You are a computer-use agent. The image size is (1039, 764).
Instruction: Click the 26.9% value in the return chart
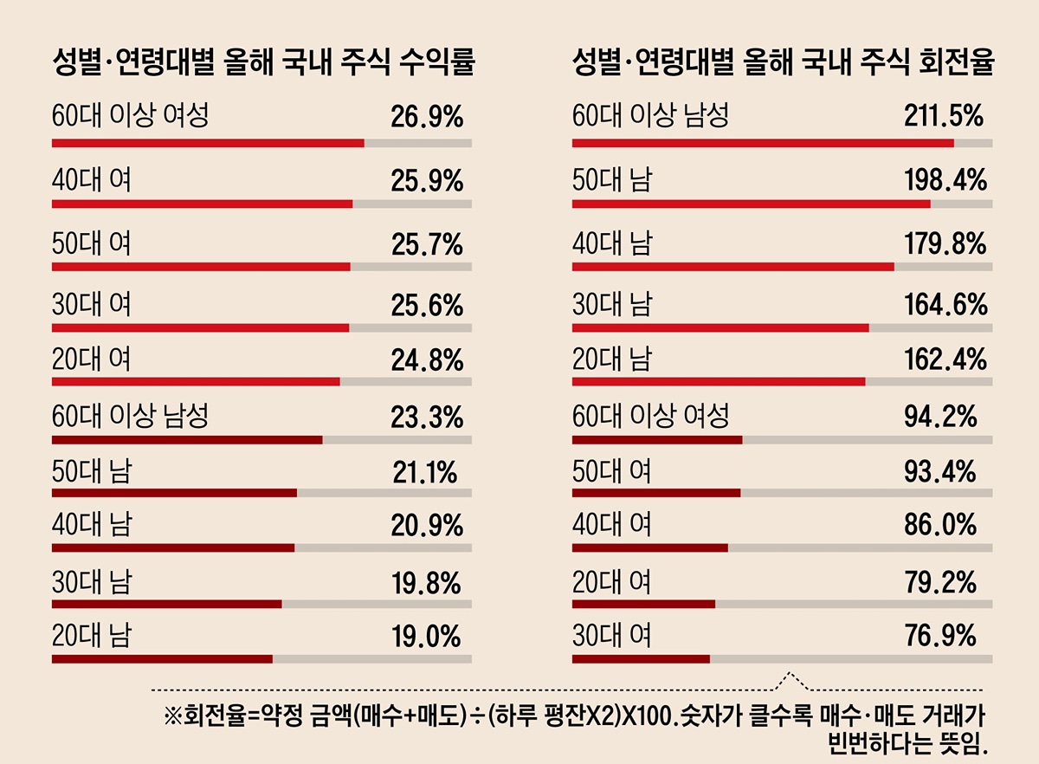[427, 117]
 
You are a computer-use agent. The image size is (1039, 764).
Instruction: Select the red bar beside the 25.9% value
[203, 204]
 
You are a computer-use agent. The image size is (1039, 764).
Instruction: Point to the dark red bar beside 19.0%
[162, 659]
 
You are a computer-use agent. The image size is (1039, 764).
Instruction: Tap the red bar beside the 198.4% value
[751, 204]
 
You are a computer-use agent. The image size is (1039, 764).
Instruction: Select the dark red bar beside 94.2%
[657, 439]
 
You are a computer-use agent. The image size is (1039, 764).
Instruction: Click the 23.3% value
[427, 418]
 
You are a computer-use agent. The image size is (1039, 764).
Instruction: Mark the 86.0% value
[940, 526]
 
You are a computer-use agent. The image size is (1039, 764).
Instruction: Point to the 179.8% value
[941, 244]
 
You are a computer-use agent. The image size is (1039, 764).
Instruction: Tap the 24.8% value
[427, 359]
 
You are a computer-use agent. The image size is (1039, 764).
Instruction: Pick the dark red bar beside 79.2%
[643, 604]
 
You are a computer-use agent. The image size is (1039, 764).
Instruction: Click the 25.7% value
[427, 245]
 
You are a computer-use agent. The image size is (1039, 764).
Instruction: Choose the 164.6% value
[941, 305]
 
